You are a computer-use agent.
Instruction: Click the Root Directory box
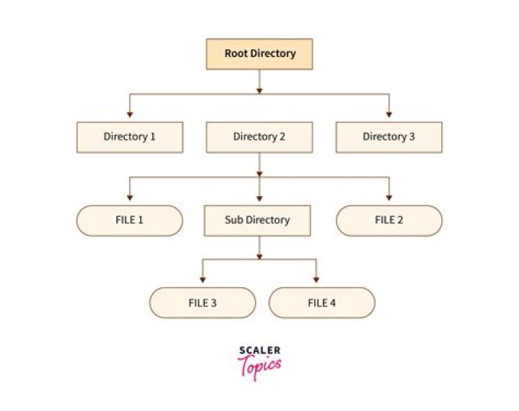259,54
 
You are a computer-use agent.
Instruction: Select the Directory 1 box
130,137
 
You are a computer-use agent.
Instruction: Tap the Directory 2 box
259,137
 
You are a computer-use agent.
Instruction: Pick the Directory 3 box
389,137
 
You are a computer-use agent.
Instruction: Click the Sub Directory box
257,221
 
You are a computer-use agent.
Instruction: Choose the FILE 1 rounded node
130,221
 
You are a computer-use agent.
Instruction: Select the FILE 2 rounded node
389,221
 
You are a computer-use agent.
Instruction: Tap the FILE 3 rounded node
203,303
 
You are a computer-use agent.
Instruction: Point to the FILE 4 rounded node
321,303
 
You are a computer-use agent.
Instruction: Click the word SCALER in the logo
259,351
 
